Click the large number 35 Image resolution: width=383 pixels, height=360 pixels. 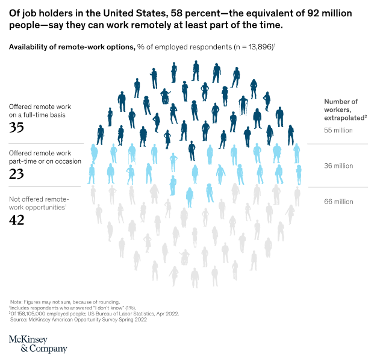(x=16, y=127)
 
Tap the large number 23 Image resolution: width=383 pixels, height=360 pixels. (x=16, y=173)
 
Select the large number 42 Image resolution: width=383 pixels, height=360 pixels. (x=16, y=220)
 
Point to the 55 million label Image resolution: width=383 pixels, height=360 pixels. (x=338, y=130)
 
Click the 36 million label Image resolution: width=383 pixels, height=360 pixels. (x=338, y=166)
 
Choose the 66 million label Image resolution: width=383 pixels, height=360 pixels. (x=338, y=202)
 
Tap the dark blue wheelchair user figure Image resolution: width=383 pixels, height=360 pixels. (x=164, y=96)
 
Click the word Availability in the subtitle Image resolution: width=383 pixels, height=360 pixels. (x=30, y=46)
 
